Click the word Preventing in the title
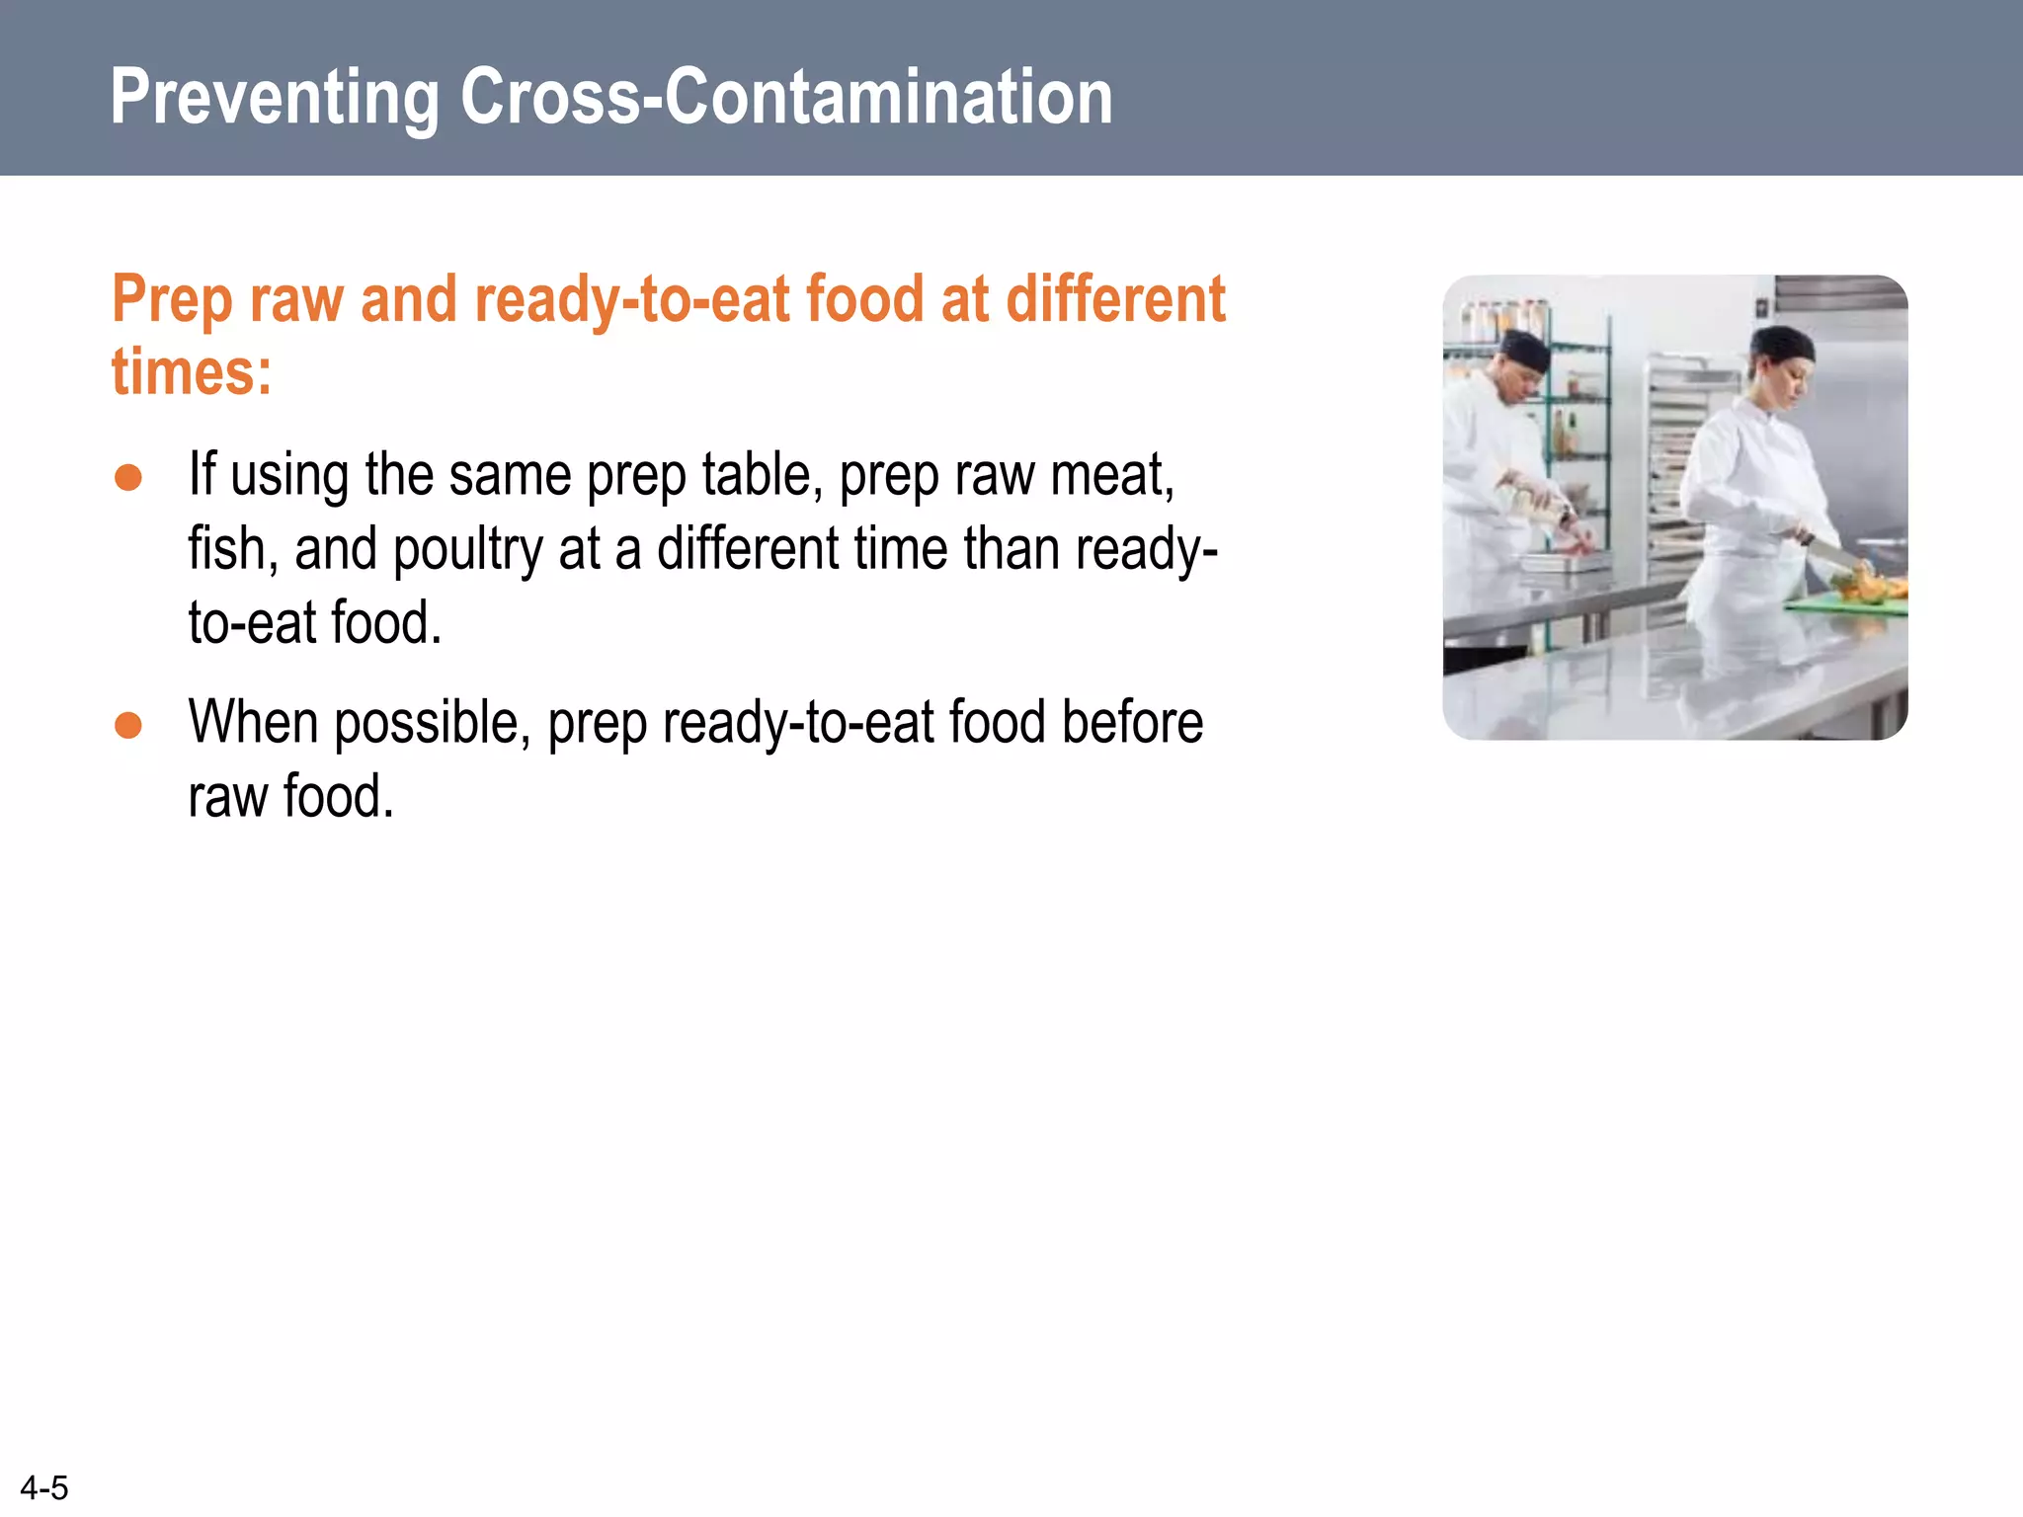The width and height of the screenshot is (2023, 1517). [274, 97]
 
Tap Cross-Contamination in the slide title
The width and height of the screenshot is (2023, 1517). [786, 97]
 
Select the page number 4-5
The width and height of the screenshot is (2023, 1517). [44, 1487]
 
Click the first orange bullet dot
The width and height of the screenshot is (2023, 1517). [128, 478]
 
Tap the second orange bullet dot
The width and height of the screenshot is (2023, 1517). [128, 726]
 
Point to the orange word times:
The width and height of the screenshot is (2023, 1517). [192, 372]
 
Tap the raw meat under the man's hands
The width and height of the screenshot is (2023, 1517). [1571, 549]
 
